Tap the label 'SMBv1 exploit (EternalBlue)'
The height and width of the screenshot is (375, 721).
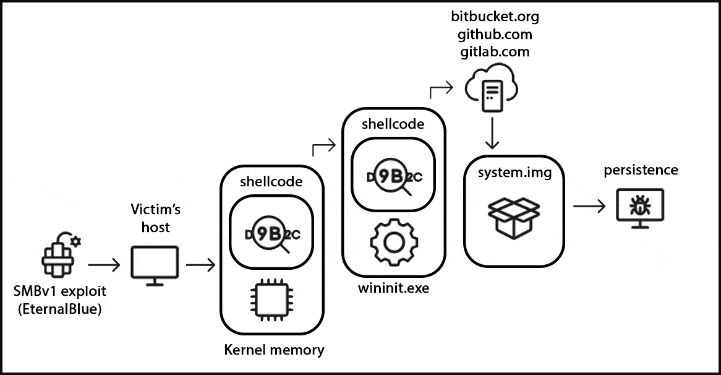point(60,298)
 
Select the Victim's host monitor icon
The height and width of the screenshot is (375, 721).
point(155,265)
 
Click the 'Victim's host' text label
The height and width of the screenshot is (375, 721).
point(151,218)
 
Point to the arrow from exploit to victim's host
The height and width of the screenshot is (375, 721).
point(104,266)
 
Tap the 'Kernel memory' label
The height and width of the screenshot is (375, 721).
point(273,350)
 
